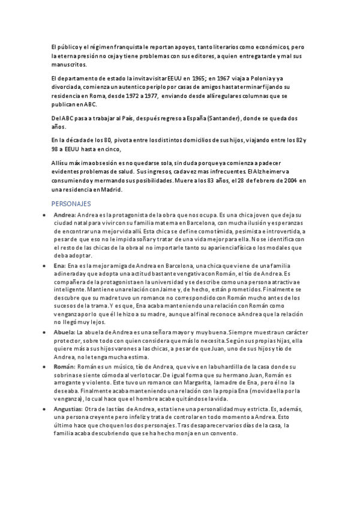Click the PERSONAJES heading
pyautogui.click(x=71, y=203)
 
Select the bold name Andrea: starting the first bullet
pyautogui.click(x=64, y=214)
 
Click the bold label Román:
pyautogui.click(x=64, y=366)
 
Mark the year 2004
pyautogui.click(x=288, y=181)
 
